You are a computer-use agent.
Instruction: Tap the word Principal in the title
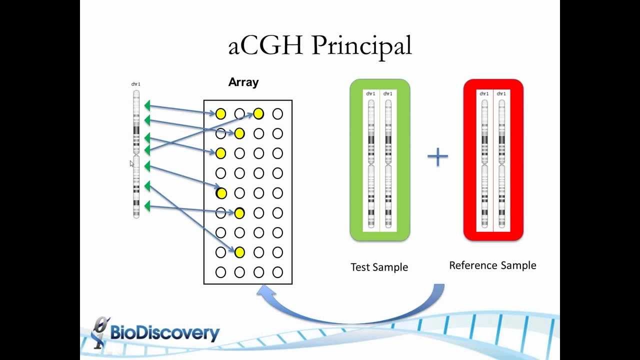click(x=361, y=46)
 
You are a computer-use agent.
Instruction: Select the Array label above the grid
click(x=243, y=82)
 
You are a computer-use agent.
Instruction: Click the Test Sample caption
click(x=379, y=267)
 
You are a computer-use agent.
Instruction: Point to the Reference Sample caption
click(x=492, y=265)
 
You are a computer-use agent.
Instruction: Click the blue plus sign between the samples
click(x=437, y=157)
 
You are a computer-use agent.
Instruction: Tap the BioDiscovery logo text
click(x=164, y=333)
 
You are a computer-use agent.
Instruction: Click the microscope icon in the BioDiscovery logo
click(x=100, y=332)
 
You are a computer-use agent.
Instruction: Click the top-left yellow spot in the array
click(x=220, y=114)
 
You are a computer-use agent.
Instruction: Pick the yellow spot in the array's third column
click(x=258, y=114)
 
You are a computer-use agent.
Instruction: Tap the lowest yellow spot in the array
click(x=239, y=252)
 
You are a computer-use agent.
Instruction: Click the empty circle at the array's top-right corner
click(x=277, y=114)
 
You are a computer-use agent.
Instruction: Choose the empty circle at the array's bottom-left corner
click(x=220, y=272)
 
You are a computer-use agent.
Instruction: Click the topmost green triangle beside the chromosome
click(x=147, y=105)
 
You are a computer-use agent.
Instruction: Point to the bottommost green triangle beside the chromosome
click(x=147, y=206)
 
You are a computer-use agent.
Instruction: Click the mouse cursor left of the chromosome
click(x=131, y=163)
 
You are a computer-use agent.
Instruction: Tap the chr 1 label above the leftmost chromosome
click(x=136, y=84)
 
